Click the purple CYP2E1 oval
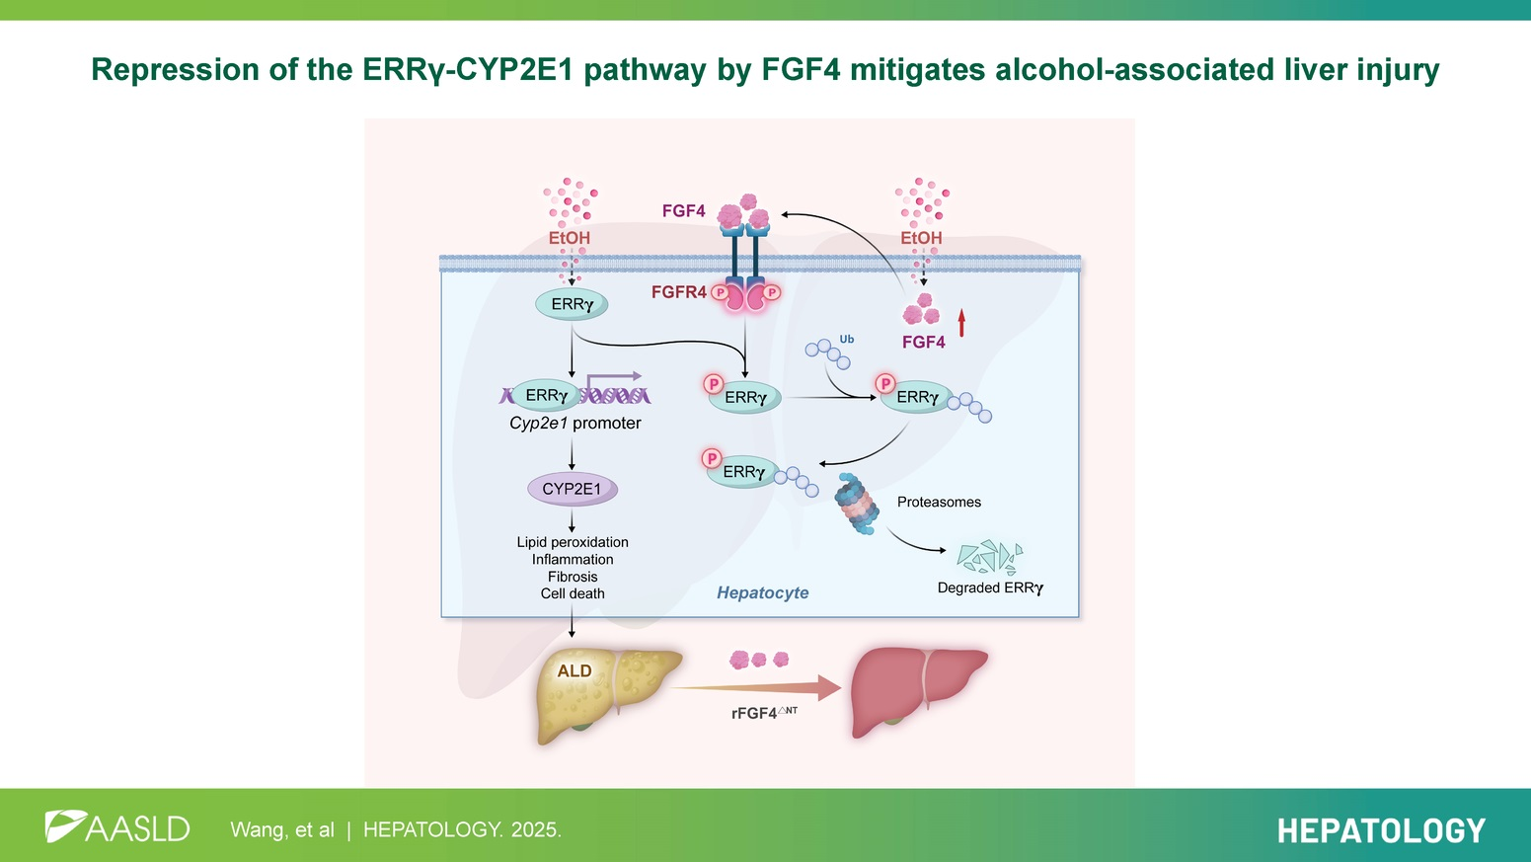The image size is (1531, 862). coord(572,489)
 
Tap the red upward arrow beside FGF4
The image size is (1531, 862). coord(961,322)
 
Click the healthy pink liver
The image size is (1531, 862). coord(917,690)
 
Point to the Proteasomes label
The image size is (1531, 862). coord(939,502)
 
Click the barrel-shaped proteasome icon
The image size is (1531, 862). coord(856,504)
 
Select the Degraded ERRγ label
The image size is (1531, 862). coord(990,588)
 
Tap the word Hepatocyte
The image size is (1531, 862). coord(762,592)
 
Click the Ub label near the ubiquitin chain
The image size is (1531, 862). coord(846,340)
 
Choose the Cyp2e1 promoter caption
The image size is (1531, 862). coord(574,423)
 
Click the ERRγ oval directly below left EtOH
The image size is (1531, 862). coord(572,304)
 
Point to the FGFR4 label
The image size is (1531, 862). coord(678,292)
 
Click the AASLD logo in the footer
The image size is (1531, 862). coord(116,827)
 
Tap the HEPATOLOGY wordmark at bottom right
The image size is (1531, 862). coord(1380,830)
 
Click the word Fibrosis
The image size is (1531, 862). coord(573,577)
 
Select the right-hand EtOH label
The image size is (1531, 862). coord(921,238)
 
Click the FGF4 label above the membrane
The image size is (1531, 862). coord(683,211)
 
